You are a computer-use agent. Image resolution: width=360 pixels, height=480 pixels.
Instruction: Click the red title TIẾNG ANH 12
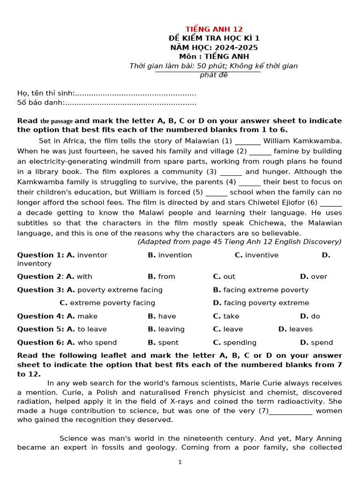coord(214,29)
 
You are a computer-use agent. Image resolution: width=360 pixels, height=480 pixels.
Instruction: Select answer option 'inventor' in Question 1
coord(92,255)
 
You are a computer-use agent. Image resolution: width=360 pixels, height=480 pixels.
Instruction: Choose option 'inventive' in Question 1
coord(262,255)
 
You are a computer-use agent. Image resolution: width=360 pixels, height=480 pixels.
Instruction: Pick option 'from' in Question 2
coord(166,277)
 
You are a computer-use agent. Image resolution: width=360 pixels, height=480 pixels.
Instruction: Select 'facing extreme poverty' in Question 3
coord(266,290)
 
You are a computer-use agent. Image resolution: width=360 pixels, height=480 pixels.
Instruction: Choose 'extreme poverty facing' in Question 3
coord(112,303)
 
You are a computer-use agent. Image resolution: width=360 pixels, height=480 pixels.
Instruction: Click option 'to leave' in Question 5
coord(92,329)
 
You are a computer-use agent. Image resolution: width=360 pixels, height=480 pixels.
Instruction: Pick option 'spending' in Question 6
coord(240,342)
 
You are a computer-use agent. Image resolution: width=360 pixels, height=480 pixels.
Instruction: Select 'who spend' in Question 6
coord(97,342)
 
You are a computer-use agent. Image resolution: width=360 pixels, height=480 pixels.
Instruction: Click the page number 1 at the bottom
coord(180,462)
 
